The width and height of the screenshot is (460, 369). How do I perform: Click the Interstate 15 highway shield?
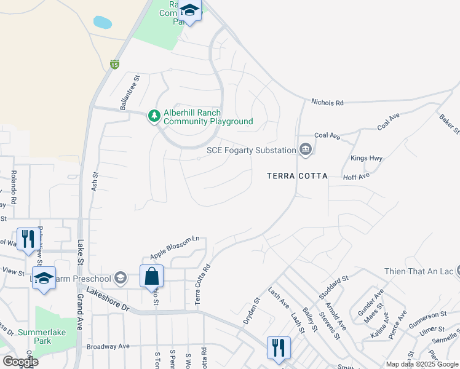[x=114, y=64]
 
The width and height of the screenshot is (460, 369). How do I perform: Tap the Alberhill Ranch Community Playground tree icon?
[x=154, y=115]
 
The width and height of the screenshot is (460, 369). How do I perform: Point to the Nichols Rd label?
[x=327, y=103]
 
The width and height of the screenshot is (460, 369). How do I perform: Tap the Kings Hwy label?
[x=367, y=158]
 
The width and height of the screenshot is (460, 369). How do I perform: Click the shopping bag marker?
[x=151, y=277]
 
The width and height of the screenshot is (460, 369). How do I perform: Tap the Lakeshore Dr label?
[x=108, y=300]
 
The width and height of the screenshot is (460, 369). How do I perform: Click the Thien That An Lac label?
[x=418, y=271]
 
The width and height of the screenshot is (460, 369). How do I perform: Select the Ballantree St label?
[x=130, y=93]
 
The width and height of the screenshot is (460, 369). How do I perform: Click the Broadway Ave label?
[x=108, y=346]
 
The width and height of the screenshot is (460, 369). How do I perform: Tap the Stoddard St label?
[x=333, y=287]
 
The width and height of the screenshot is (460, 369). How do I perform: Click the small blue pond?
[x=103, y=23]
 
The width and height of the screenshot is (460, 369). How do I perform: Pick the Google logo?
[x=20, y=362]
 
